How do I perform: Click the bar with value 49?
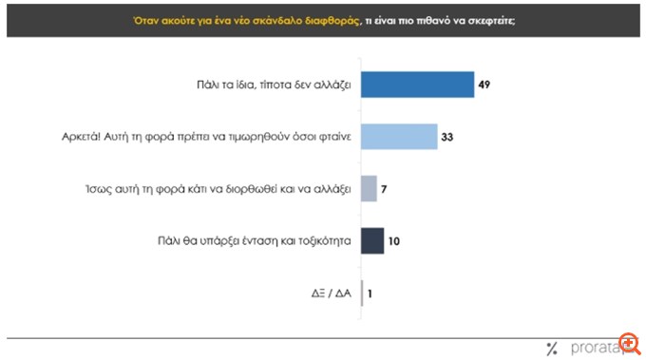click(417, 85)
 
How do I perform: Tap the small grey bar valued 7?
click(370, 189)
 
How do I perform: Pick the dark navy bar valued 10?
click(372, 241)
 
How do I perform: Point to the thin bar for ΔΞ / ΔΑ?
click(363, 294)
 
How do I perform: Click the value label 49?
click(485, 85)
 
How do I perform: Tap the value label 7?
click(386, 189)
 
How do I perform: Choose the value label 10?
click(394, 241)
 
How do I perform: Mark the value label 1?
click(370, 294)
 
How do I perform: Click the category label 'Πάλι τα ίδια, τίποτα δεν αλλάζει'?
click(267, 85)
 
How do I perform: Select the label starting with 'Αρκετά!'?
click(201, 137)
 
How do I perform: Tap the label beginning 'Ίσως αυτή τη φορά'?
click(215, 189)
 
